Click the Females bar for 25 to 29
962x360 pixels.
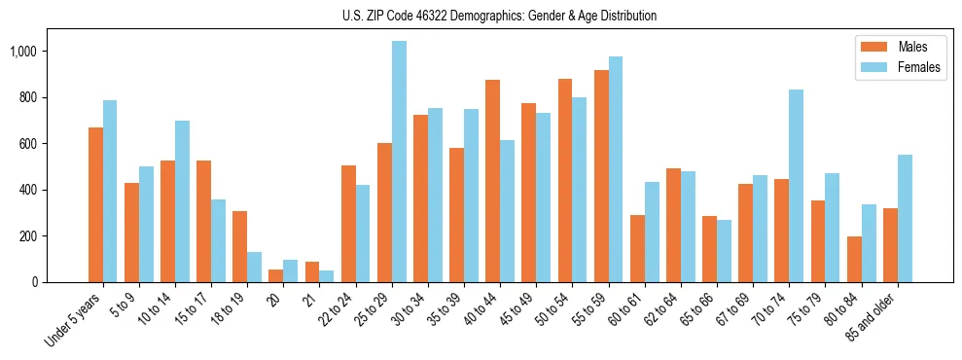click(x=399, y=162)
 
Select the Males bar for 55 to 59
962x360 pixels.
click(x=601, y=176)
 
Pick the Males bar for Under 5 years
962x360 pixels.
click(x=95, y=204)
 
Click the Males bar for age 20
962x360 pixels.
click(x=276, y=275)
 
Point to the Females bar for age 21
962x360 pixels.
click(x=327, y=276)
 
